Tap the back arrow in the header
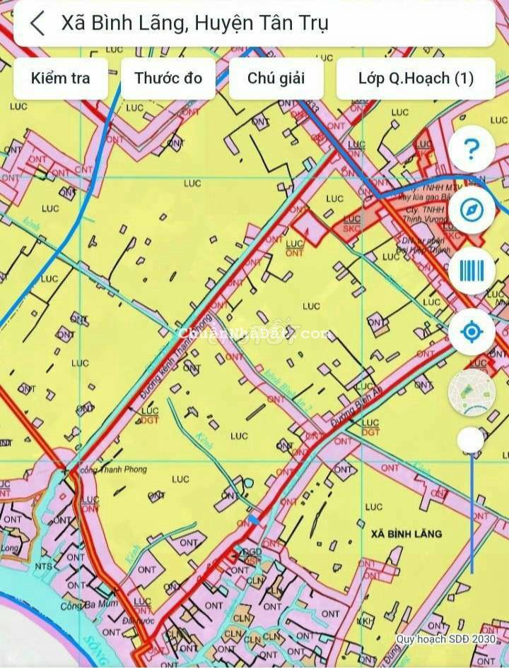pos(37,23)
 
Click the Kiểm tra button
pos(61,78)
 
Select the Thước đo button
pos(168,78)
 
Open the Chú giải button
pos(276,78)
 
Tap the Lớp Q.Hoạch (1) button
pos(416,78)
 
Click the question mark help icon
pos(472,149)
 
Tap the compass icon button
pos(472,210)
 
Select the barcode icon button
pos(472,270)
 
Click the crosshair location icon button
pos(472,331)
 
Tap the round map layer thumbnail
pos(472,392)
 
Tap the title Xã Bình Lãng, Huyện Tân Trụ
pos(194,23)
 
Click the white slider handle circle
pos(471,441)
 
